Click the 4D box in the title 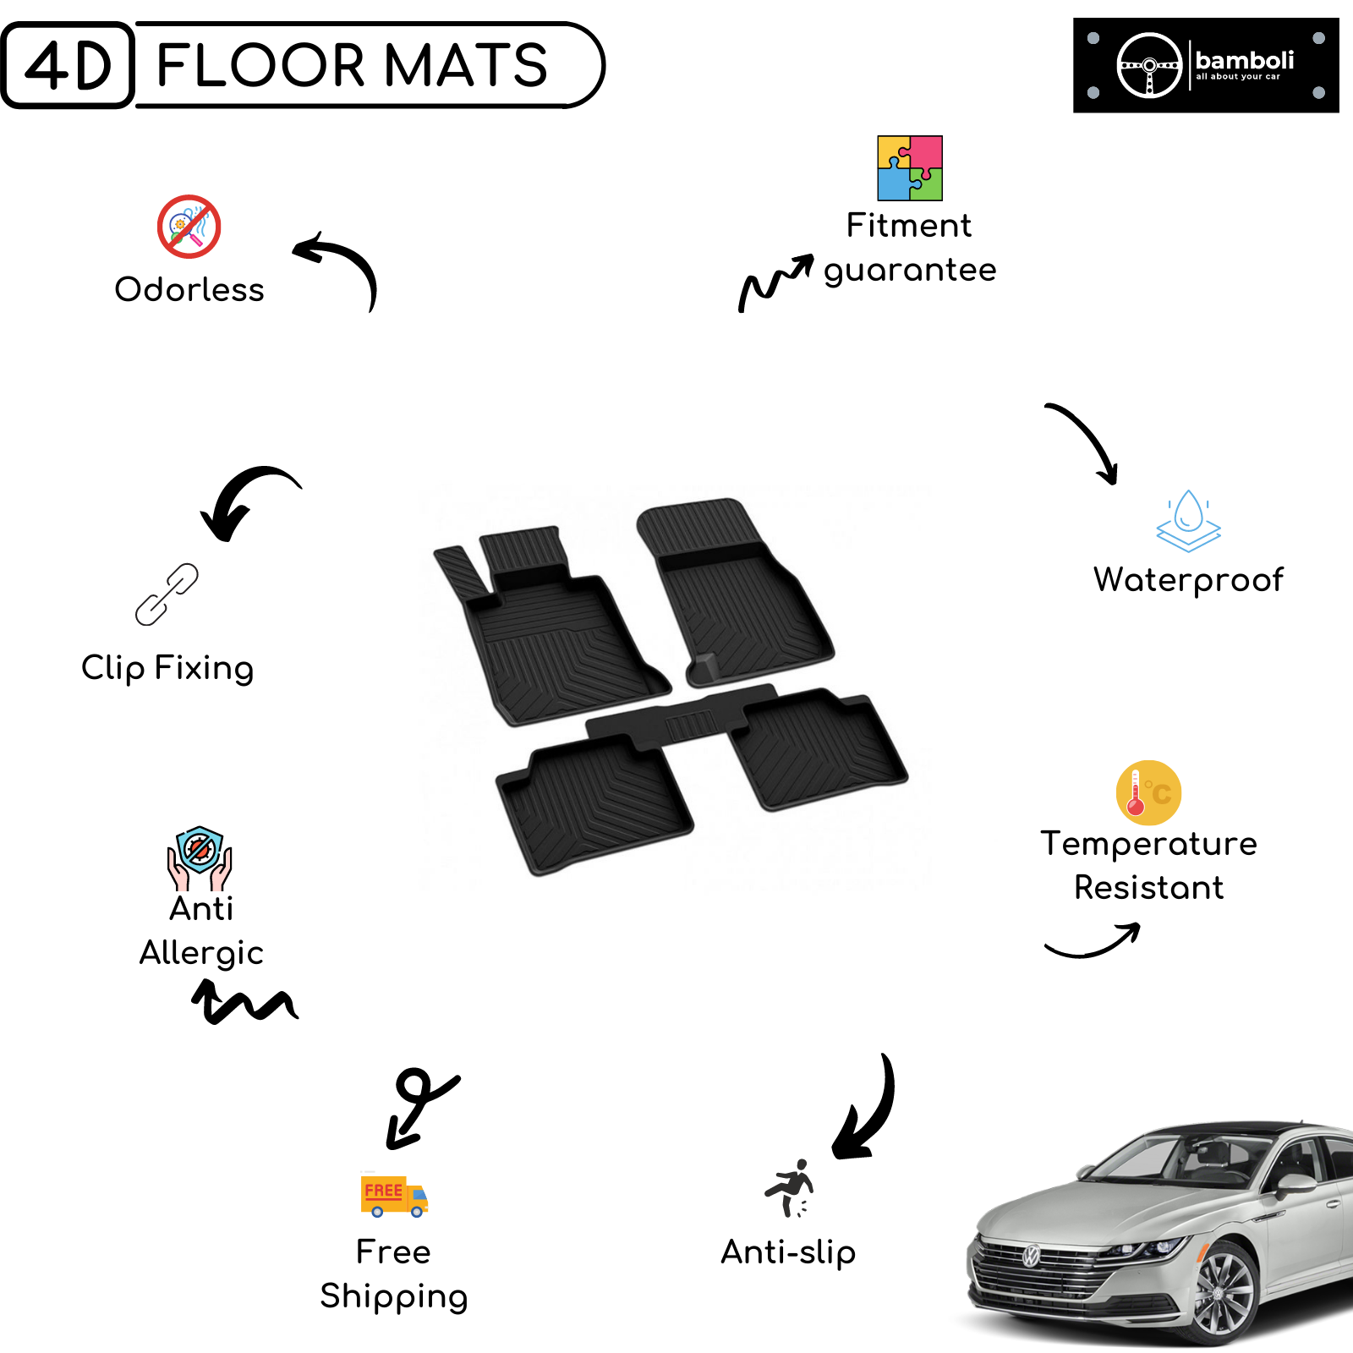coord(68,65)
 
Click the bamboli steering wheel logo coord(1149,65)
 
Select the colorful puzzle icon coord(910,168)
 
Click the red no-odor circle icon coord(189,227)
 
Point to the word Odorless coord(189,289)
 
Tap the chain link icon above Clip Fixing coord(167,594)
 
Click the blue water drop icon coord(1189,521)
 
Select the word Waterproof coord(1188,580)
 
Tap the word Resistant coord(1148,888)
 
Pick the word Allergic coord(201,953)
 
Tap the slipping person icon coord(790,1188)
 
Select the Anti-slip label coord(788,1252)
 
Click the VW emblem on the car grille coord(1031,1256)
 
